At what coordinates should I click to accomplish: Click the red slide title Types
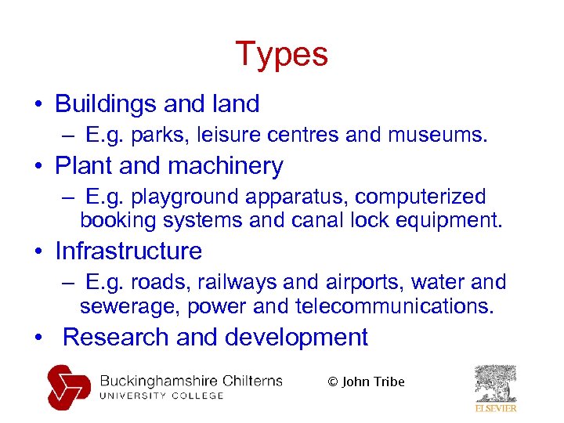281,55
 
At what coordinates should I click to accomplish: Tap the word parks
156,136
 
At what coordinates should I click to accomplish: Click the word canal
321,220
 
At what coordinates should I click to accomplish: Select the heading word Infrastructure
128,251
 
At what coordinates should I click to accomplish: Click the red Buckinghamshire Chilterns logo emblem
69,387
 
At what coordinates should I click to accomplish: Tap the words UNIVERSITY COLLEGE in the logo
161,396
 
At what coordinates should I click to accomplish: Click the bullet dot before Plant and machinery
38,167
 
